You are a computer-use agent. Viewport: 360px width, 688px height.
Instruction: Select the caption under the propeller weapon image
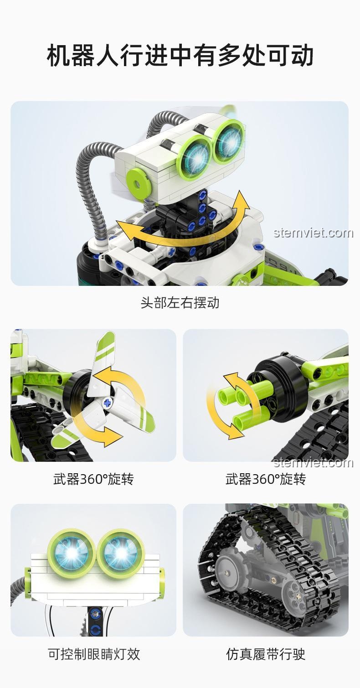93,479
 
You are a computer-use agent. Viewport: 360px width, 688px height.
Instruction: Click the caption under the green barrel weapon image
266,479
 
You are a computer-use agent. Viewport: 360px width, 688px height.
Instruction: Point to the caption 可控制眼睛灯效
93,654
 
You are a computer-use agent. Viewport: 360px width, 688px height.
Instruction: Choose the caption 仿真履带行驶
266,654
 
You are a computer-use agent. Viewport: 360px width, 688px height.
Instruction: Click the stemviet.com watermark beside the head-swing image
313,233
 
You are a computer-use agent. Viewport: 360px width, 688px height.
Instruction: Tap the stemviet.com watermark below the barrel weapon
313,463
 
